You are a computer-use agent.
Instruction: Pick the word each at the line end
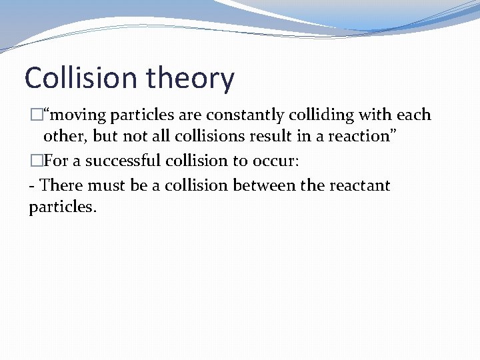[x=415, y=115]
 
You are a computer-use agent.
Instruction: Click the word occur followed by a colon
[x=280, y=161]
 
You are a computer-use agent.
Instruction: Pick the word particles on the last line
[x=62, y=207]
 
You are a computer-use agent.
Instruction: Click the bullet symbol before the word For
[x=35, y=161]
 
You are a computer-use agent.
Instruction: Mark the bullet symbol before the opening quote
[x=35, y=115]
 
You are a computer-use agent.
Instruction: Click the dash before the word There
[x=32, y=185]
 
